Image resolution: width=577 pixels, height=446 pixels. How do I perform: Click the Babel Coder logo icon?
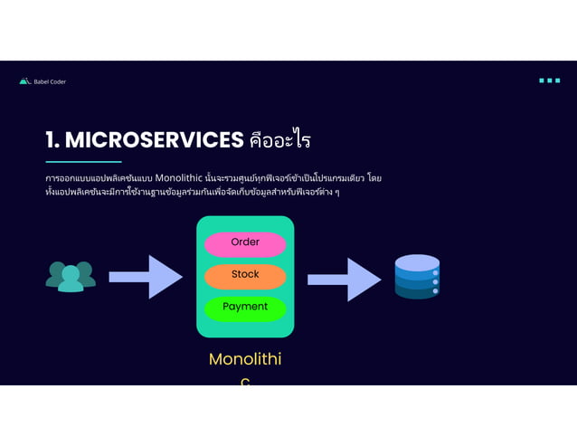(x=25, y=81)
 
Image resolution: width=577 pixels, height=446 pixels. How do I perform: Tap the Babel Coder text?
(x=50, y=81)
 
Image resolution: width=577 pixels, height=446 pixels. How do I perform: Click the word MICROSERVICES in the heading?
(x=155, y=140)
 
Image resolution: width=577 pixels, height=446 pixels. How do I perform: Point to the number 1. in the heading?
(x=53, y=140)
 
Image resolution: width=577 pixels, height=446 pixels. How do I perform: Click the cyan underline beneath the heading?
(x=83, y=161)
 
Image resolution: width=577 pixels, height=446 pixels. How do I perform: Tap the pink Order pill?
(x=245, y=243)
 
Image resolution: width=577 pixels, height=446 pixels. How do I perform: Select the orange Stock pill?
(x=245, y=275)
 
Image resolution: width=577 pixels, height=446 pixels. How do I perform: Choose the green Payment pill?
(x=245, y=308)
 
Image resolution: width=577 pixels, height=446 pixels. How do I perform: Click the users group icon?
(x=71, y=277)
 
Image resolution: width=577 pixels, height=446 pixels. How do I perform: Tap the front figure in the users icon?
(x=71, y=281)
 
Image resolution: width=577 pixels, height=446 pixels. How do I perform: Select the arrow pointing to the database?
(x=344, y=279)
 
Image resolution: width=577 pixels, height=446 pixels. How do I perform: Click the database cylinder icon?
(x=417, y=277)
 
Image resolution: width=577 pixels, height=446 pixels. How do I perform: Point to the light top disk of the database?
(x=417, y=262)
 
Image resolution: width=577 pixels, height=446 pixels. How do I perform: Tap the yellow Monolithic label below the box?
(x=245, y=360)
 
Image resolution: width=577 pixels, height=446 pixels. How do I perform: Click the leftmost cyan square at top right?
(x=542, y=81)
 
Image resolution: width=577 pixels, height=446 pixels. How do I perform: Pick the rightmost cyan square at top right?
(x=557, y=81)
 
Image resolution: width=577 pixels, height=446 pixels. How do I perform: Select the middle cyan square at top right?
(x=550, y=81)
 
